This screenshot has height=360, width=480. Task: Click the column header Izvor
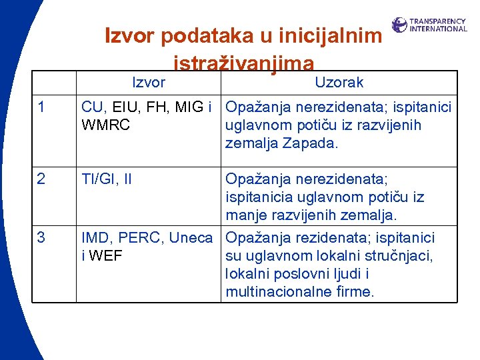point(149,83)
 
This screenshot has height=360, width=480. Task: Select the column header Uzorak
point(339,83)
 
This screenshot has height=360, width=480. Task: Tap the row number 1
point(42,107)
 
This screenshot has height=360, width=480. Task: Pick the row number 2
point(42,179)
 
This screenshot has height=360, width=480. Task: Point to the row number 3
point(42,237)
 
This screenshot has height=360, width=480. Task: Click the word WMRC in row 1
point(106,125)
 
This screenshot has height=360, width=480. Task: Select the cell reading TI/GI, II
point(107,179)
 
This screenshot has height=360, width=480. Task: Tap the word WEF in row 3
point(107,256)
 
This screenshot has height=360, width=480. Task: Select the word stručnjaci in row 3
point(399,256)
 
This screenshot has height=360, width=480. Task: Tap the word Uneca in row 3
point(191,237)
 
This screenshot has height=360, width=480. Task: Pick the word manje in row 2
point(245,215)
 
